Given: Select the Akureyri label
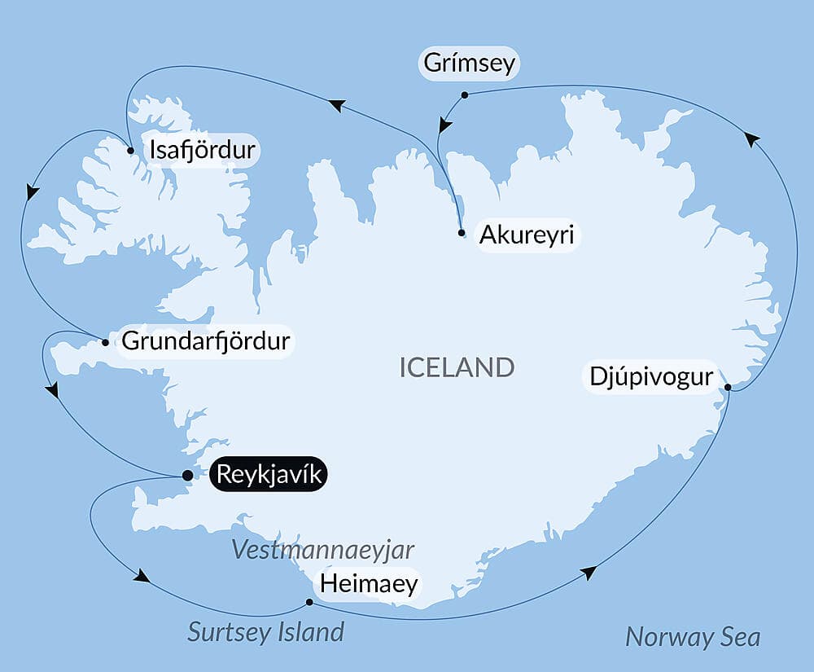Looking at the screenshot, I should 527,235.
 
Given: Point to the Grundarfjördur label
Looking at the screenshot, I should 205,340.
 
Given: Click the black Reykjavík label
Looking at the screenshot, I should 269,474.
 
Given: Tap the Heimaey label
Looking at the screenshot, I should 369,583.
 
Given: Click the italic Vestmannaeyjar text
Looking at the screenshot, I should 323,550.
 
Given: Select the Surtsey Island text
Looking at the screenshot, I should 265,631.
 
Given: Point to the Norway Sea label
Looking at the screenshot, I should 693,637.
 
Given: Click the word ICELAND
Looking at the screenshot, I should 457,367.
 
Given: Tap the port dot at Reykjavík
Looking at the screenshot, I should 187,475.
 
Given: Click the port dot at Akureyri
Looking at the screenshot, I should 462,233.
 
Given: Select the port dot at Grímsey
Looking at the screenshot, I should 465,95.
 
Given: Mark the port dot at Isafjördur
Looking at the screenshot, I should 131,151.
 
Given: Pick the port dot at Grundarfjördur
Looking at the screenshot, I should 106,342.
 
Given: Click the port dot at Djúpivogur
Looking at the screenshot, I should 727,387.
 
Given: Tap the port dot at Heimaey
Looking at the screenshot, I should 309,603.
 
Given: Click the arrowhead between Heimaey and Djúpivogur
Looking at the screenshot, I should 589,573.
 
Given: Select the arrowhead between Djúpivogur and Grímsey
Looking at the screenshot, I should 752,139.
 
